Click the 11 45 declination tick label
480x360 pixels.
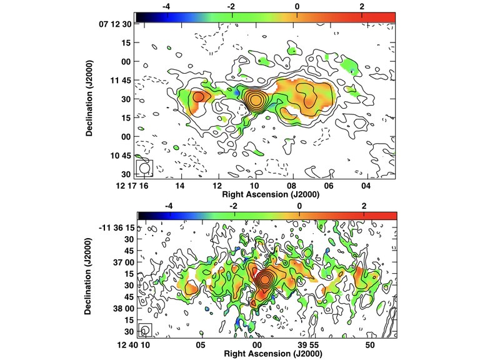[x=120, y=80]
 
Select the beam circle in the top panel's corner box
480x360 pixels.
[x=144, y=168]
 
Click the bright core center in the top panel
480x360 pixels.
[x=255, y=100]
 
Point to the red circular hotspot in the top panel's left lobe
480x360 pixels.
[x=197, y=97]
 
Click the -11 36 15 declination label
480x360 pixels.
[x=116, y=227]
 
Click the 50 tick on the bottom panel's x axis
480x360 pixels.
[x=369, y=345]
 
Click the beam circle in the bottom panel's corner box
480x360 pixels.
[x=145, y=329]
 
